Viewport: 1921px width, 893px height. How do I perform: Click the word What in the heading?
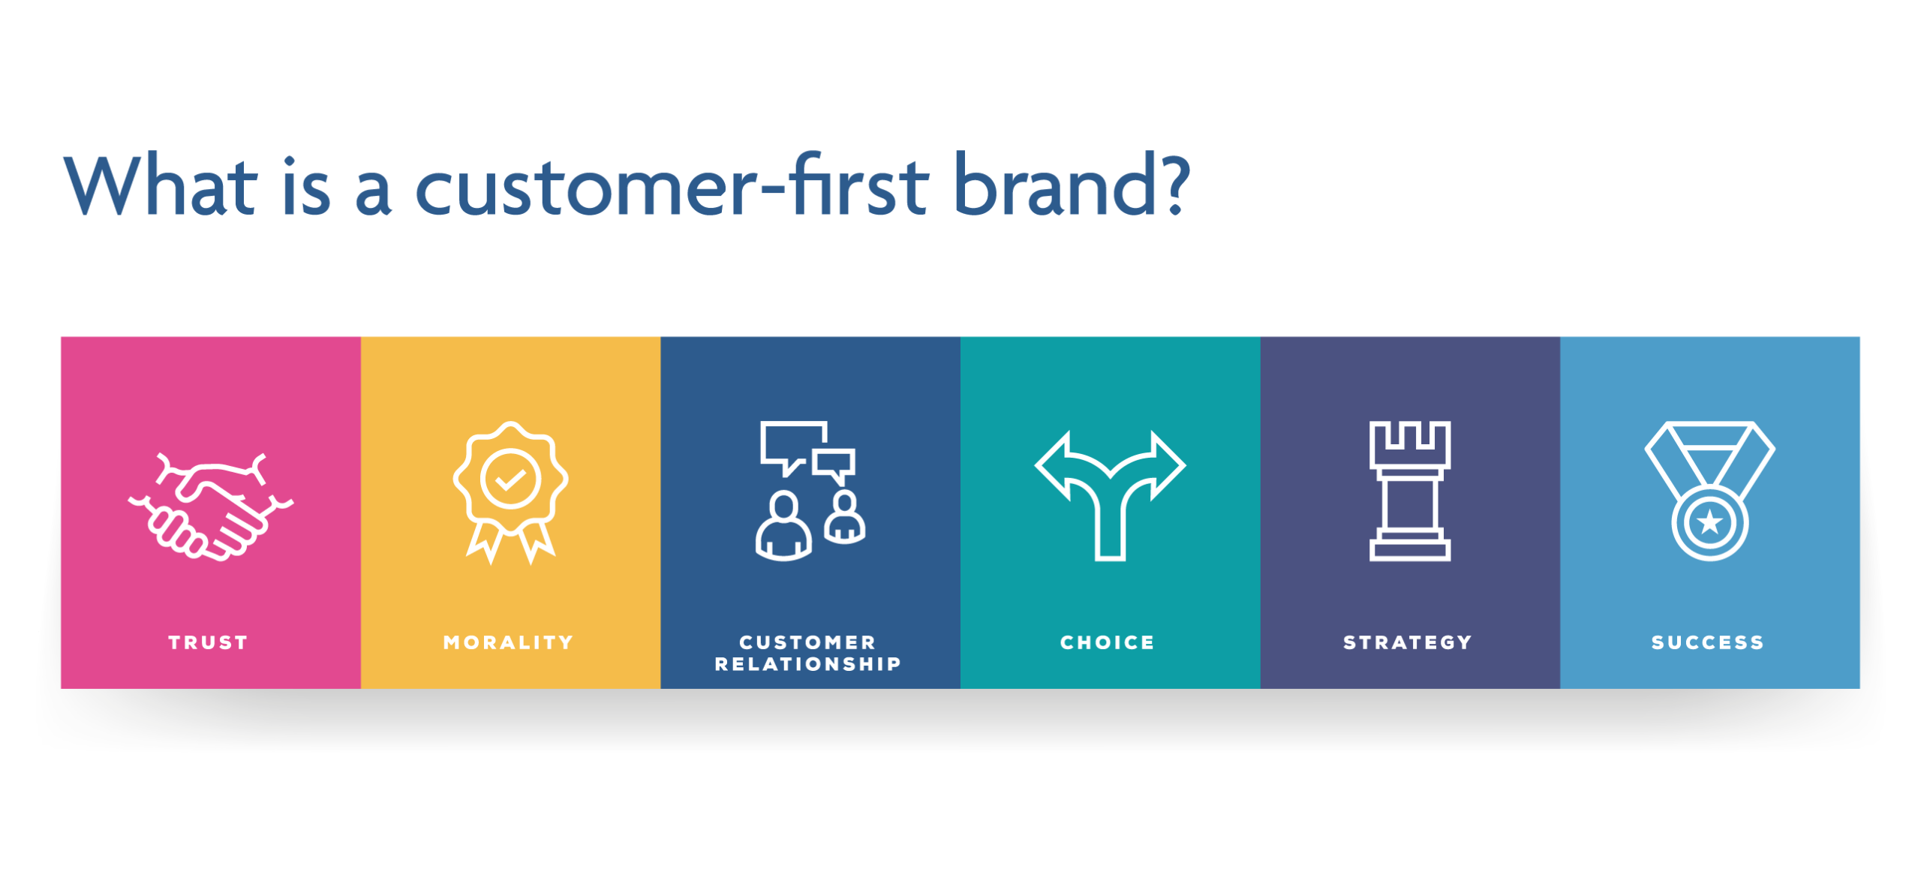point(161,185)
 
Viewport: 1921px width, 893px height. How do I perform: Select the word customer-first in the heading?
point(672,185)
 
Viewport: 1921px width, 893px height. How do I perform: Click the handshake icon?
point(211,507)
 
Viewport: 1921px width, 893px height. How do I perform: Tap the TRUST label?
point(209,642)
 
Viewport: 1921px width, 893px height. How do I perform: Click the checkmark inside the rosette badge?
point(510,479)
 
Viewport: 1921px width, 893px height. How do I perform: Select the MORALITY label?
point(509,642)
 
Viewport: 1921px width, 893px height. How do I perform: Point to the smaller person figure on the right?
point(845,518)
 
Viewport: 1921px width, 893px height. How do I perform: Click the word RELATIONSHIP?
point(808,664)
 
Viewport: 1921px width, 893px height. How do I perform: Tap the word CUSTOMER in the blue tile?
point(808,642)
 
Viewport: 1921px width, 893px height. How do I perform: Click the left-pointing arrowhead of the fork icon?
point(1054,465)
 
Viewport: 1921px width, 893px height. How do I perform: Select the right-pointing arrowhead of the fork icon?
point(1167,465)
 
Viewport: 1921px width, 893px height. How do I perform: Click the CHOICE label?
point(1108,642)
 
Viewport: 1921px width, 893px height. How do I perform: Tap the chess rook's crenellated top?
point(1409,443)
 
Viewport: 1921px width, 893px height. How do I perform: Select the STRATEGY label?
point(1408,642)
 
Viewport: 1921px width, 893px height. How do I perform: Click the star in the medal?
point(1709,522)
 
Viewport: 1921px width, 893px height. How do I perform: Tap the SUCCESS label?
point(1708,642)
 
